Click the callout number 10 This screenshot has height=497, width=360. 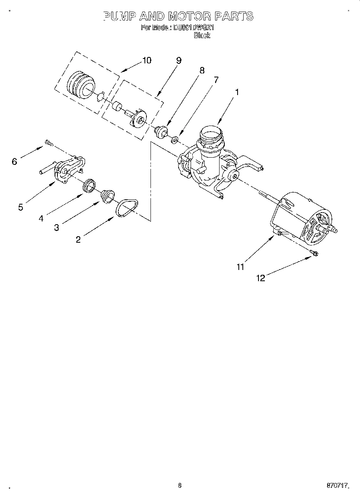pyautogui.click(x=147, y=60)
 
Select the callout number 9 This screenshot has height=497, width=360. pyautogui.click(x=179, y=60)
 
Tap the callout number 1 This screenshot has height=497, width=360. pyautogui.click(x=237, y=92)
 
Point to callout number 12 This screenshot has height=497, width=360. pyautogui.click(x=261, y=278)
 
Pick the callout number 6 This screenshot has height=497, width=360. pyautogui.click(x=15, y=161)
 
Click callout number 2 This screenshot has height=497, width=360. pyautogui.click(x=78, y=239)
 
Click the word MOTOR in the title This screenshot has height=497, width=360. pyautogui.click(x=189, y=16)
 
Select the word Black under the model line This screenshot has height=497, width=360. pyautogui.click(x=202, y=35)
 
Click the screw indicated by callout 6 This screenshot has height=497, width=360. pyautogui.click(x=49, y=142)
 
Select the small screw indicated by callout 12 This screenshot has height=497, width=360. pyautogui.click(x=314, y=253)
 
